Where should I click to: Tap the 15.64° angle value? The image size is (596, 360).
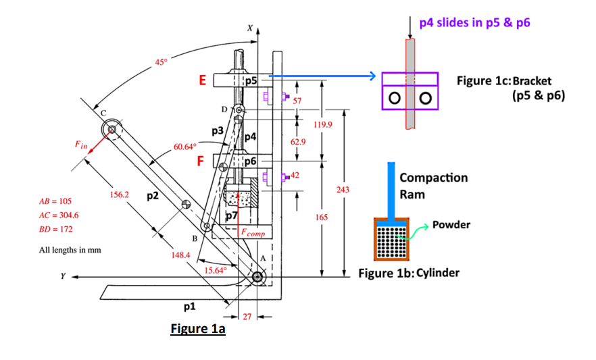215,270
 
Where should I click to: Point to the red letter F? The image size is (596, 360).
201,161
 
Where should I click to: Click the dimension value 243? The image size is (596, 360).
343,190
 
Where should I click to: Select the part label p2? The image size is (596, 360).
153,196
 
